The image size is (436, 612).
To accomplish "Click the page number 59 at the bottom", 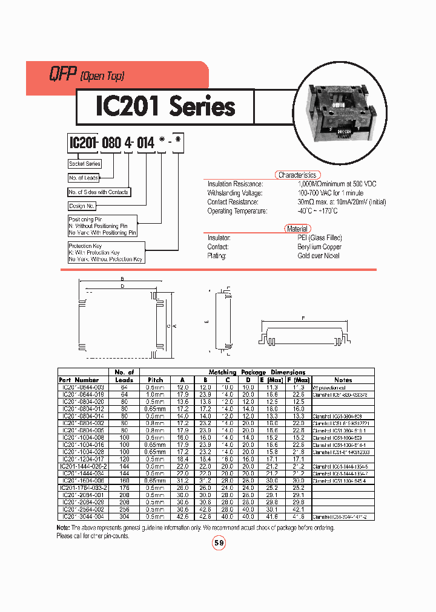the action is coord(219,543).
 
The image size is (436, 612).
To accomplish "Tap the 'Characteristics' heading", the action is coord(297,175).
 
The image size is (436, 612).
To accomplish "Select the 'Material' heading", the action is coord(297,229).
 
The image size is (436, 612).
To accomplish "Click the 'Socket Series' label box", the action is coord(85,164).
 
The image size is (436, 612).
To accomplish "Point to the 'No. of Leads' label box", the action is coord(84,178).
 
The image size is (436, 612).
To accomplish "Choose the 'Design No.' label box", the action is coord(82,206).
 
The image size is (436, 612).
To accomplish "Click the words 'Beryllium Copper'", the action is coord(319,247).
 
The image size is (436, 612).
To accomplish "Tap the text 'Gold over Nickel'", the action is coord(319,256).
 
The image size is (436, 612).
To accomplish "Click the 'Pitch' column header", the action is coord(156,380).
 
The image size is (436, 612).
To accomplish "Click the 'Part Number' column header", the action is coord(82,380).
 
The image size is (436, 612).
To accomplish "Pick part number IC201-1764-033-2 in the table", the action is coord(84,487).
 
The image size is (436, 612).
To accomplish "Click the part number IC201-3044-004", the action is coord(84,517).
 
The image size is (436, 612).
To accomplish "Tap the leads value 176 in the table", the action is coord(124,487).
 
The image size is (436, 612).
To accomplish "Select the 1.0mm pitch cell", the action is coord(156,394).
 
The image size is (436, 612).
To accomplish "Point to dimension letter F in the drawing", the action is coord(302,317).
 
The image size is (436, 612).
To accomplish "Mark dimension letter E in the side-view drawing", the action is coord(206,322).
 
